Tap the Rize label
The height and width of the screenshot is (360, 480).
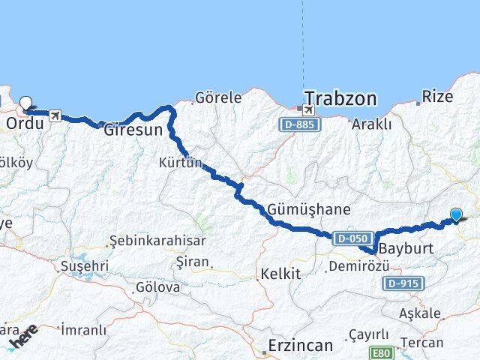[x=438, y=96]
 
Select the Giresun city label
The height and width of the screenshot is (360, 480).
[x=133, y=130]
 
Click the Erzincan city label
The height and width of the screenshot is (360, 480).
[x=300, y=346]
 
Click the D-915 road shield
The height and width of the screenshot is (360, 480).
[x=403, y=283]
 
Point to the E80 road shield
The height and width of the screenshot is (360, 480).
[x=381, y=351]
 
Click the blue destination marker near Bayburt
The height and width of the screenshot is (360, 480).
[x=456, y=215]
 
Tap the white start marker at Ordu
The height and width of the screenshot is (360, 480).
[x=26, y=104]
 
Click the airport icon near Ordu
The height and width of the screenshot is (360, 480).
[x=55, y=115]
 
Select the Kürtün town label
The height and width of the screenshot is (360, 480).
[x=181, y=162]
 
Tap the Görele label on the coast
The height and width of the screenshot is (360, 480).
[x=218, y=97]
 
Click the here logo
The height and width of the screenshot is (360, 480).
[x=24, y=337]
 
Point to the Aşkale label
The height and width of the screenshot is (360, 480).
[x=421, y=313]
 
